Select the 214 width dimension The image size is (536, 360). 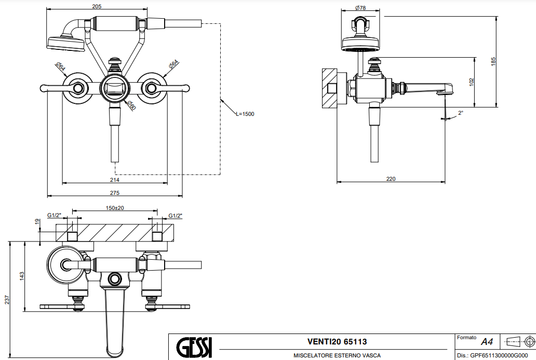115,180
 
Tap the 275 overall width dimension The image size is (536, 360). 115,193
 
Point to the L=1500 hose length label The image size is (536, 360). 245,114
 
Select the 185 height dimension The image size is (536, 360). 493,61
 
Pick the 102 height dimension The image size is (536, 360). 471,82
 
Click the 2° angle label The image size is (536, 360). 460,112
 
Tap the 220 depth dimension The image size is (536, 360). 391,179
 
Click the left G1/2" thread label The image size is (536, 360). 54,215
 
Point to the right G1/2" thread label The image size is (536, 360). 176,215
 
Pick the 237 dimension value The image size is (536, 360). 7,300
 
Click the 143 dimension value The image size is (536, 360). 22,276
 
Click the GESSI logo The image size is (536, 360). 194,346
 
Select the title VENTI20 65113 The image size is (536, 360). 337,341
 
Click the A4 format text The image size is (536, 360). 487,342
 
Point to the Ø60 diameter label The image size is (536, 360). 131,105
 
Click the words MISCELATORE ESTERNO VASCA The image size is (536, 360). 337,355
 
